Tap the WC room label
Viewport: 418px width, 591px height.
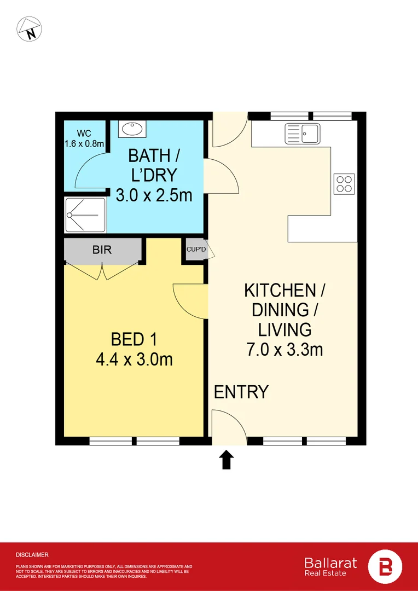tap(84, 133)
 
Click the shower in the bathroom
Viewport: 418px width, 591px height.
tap(83, 215)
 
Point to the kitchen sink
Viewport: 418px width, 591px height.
tap(302, 134)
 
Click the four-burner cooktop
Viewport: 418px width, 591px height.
tap(344, 183)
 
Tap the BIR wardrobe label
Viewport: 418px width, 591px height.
tap(102, 250)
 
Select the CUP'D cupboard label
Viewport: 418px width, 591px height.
tap(195, 249)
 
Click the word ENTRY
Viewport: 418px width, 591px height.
tap(241, 392)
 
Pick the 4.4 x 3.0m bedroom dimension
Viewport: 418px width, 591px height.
tap(134, 360)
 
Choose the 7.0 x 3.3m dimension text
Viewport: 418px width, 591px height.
tap(284, 349)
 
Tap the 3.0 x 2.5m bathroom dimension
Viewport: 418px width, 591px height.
tap(154, 194)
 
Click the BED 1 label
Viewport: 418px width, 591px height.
tap(134, 340)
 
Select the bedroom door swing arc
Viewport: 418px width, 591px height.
tap(189, 301)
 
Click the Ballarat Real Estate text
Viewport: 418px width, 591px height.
tap(330, 566)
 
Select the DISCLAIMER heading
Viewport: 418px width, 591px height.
tap(32, 555)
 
